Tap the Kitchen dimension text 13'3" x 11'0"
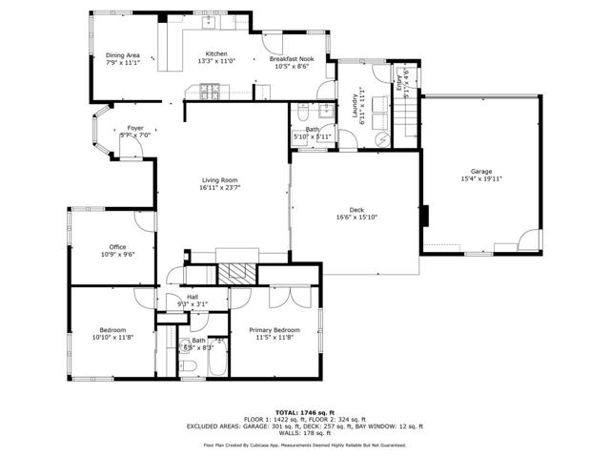216,61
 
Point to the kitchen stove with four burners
211,93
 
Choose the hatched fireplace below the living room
235,272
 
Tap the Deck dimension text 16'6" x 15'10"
356,217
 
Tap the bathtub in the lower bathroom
213,363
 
